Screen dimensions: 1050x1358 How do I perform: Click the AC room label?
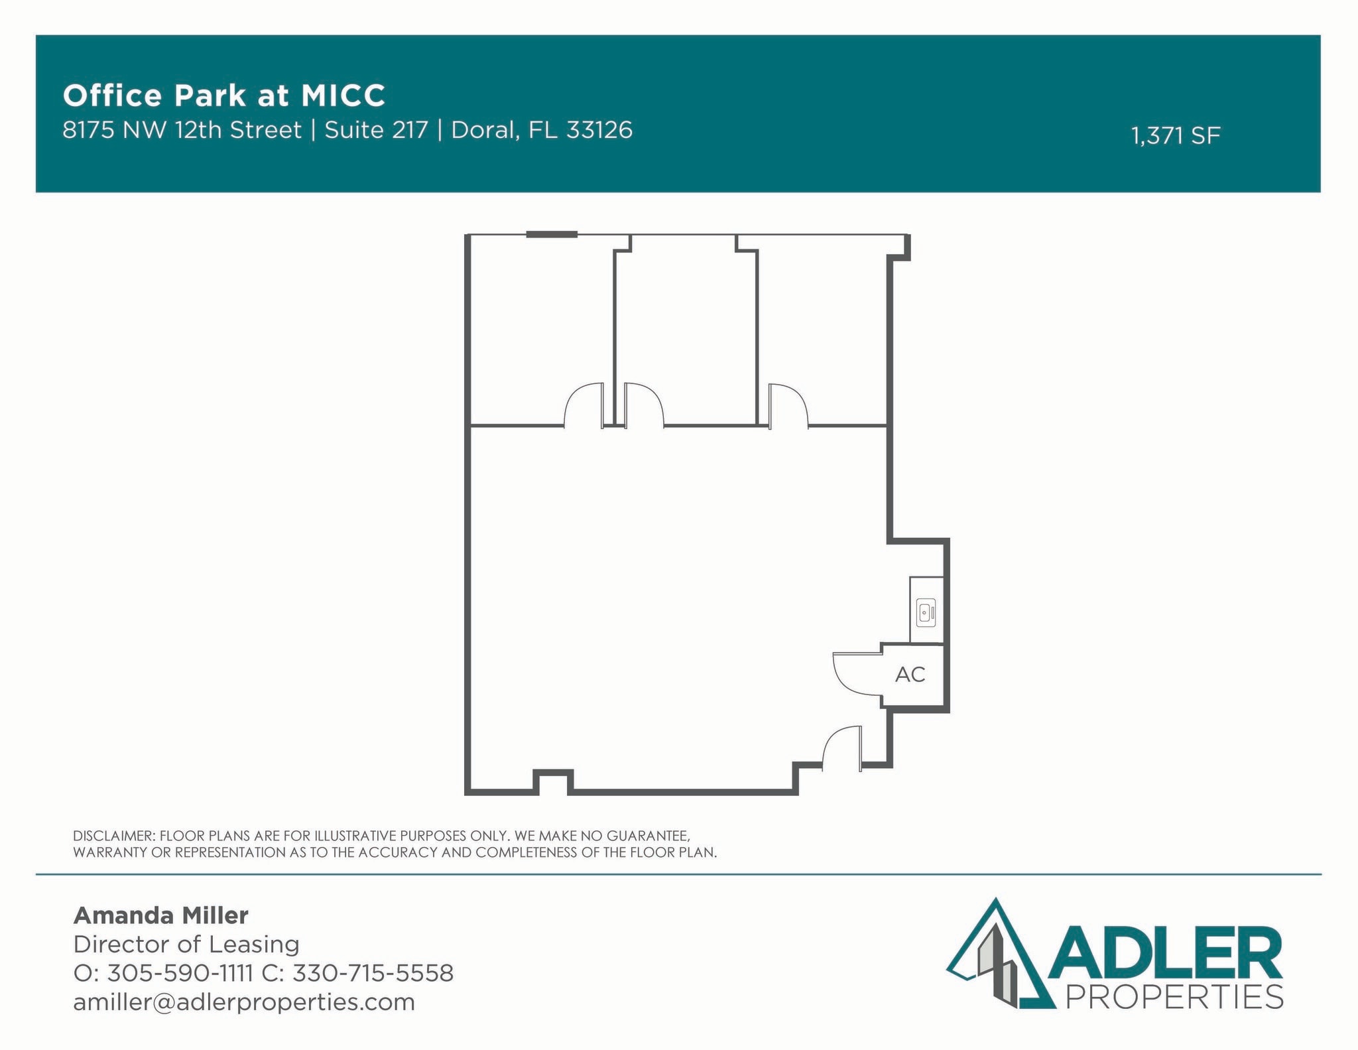910,675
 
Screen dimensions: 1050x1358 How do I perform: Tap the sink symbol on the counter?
926,613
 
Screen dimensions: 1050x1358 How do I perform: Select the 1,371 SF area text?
1175,136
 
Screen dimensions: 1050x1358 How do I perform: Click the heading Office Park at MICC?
224,96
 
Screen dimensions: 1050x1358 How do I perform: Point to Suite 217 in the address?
376,130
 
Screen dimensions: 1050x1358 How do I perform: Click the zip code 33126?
599,130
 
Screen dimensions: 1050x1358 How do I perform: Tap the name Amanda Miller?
160,915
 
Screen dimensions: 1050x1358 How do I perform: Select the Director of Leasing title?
186,944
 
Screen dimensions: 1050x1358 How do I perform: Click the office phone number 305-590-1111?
180,973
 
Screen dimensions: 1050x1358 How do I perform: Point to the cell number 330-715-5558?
373,973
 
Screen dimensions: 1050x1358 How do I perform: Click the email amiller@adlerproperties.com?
244,1002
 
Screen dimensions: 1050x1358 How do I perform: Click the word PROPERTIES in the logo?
1174,997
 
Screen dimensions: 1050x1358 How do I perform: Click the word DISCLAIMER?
113,836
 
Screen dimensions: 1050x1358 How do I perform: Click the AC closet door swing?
855,675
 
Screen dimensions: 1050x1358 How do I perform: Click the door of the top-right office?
788,405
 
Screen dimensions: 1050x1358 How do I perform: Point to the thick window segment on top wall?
552,234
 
